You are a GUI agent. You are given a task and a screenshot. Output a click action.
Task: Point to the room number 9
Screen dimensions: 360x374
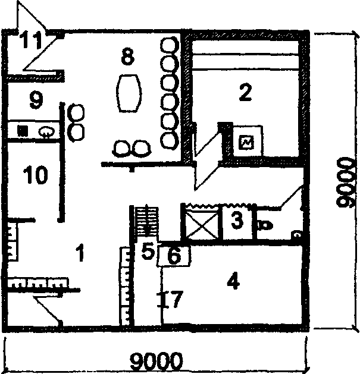click(x=36, y=99)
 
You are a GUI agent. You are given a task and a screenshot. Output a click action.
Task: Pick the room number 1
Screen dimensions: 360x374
click(x=79, y=254)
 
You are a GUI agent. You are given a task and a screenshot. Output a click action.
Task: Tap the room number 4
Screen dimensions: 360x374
click(x=233, y=282)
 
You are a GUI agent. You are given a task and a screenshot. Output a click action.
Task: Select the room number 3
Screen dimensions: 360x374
click(x=237, y=221)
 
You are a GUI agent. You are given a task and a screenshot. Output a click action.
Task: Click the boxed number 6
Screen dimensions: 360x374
click(x=174, y=256)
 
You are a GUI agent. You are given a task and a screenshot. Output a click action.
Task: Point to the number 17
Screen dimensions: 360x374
click(x=170, y=298)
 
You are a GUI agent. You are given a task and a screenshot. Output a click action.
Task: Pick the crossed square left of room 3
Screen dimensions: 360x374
click(x=201, y=223)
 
